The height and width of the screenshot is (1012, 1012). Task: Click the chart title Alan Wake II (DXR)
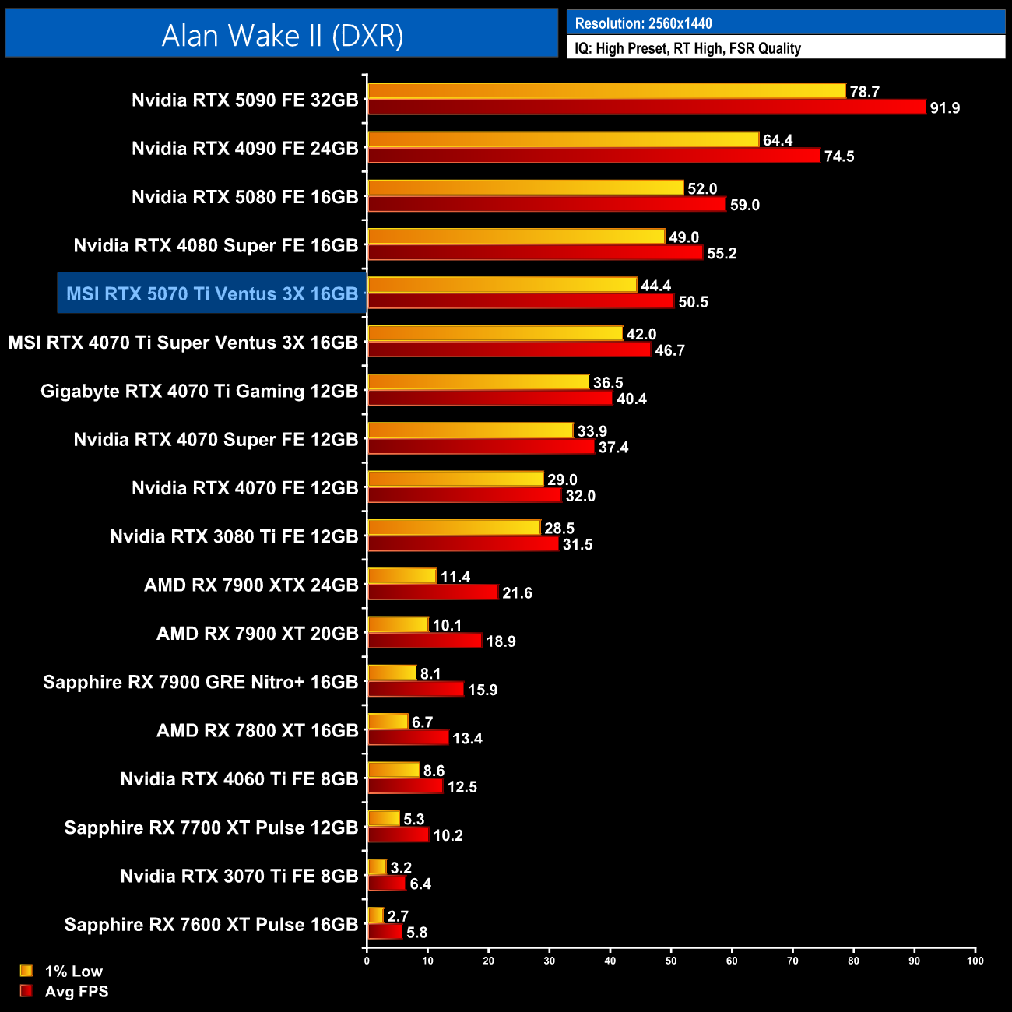282,35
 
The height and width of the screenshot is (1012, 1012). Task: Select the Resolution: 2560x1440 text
643,23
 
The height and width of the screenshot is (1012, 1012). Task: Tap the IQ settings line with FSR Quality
687,48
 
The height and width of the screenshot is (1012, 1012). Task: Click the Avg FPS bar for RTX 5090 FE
646,107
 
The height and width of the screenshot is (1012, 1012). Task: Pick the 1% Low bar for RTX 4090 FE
563,139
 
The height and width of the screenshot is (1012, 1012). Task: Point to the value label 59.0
744,205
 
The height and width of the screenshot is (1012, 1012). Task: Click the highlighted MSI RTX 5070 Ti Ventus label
212,293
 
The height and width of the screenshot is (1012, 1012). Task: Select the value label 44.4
655,286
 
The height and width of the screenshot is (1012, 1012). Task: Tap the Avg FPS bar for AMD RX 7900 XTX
432,592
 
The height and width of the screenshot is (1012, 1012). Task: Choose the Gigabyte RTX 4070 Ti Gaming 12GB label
199,391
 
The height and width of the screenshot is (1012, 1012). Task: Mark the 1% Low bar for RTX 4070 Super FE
470,430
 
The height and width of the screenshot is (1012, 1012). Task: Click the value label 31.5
578,544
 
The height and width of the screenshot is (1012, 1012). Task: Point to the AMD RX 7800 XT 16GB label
258,730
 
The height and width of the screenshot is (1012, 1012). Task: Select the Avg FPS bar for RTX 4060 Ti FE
405,786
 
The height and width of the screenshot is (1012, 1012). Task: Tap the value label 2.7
398,916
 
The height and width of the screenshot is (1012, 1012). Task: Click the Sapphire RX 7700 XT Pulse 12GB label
211,828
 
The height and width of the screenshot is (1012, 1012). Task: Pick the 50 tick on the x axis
671,961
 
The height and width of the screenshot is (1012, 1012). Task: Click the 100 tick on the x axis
975,961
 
